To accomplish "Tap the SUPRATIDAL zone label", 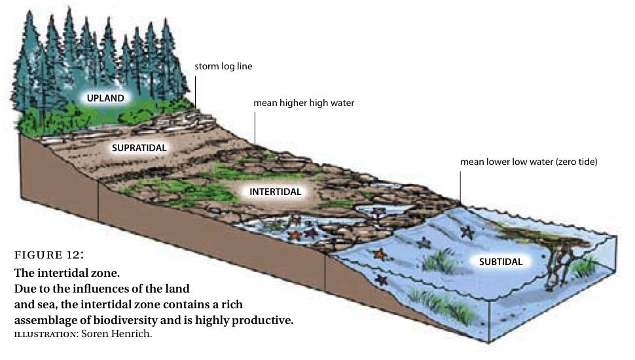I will (139, 148).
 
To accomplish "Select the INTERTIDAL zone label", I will (275, 192).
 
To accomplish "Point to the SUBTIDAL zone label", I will (500, 262).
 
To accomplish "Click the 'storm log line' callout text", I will (223, 66).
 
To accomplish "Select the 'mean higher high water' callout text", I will (304, 103).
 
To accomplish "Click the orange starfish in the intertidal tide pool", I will (294, 234).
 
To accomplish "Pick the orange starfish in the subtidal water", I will (378, 254).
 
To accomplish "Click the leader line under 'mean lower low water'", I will (460, 185).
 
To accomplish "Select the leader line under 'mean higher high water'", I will (255, 128).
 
